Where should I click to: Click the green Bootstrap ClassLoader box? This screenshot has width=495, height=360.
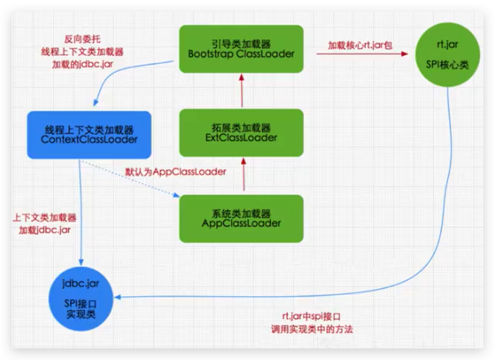[x=241, y=49]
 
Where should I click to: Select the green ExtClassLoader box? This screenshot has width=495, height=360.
[x=241, y=133]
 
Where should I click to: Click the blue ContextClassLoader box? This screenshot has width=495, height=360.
[x=89, y=135]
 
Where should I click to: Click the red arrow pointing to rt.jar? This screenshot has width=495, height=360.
[x=361, y=54]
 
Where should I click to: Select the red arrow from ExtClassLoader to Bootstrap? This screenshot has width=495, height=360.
[x=241, y=91]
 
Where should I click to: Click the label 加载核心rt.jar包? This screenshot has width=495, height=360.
[x=359, y=44]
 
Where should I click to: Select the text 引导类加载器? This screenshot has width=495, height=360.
[x=241, y=43]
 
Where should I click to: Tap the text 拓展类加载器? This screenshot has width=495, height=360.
[x=241, y=127]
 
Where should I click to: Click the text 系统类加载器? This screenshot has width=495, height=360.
[x=241, y=213]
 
